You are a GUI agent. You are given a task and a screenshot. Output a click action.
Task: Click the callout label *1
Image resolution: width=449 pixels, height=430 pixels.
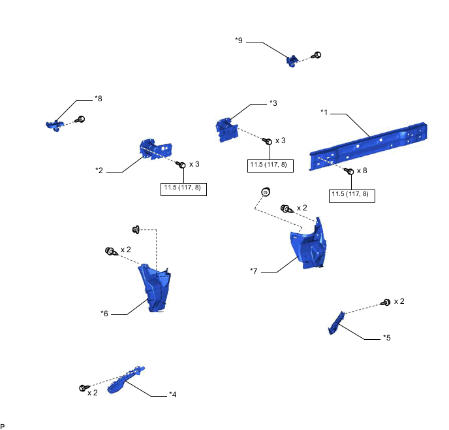pos(324,112)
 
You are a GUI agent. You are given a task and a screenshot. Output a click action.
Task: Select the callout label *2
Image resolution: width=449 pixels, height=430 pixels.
pos(99,171)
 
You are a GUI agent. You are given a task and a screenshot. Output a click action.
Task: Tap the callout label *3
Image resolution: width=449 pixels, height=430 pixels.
pos(273,103)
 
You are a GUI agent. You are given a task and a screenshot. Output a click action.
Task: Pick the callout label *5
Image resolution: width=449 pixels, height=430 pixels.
pos(387,338)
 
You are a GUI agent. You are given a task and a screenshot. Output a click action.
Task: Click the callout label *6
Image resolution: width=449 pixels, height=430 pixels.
pos(104,313)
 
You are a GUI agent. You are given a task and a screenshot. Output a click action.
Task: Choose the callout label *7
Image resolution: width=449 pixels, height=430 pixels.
pos(255,270)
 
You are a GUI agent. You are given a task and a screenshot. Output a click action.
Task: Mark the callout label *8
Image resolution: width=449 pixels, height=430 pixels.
pos(99,99)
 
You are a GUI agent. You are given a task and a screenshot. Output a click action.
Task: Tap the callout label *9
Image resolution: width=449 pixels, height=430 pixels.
pos(239,41)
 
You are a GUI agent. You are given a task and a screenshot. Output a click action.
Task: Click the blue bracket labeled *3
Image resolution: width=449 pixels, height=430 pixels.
pos(226,127)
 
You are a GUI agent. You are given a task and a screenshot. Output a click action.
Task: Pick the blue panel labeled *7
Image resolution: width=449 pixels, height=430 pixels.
pos(308,243)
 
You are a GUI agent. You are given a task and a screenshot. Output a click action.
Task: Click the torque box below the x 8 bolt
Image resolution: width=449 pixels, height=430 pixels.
pos(352,194)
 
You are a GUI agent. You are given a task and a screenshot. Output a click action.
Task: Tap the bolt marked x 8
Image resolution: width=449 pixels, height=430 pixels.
pos(349,171)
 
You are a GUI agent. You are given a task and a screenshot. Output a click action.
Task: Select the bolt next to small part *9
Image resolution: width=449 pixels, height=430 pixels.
pos(317,56)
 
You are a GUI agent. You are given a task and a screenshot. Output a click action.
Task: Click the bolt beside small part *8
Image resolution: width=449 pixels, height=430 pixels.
pos(82,120)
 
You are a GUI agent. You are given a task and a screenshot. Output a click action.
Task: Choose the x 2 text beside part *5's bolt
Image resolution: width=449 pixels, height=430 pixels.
pos(399,301)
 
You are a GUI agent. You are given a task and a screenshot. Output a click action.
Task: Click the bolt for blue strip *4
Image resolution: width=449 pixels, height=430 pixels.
pos(84,388)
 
